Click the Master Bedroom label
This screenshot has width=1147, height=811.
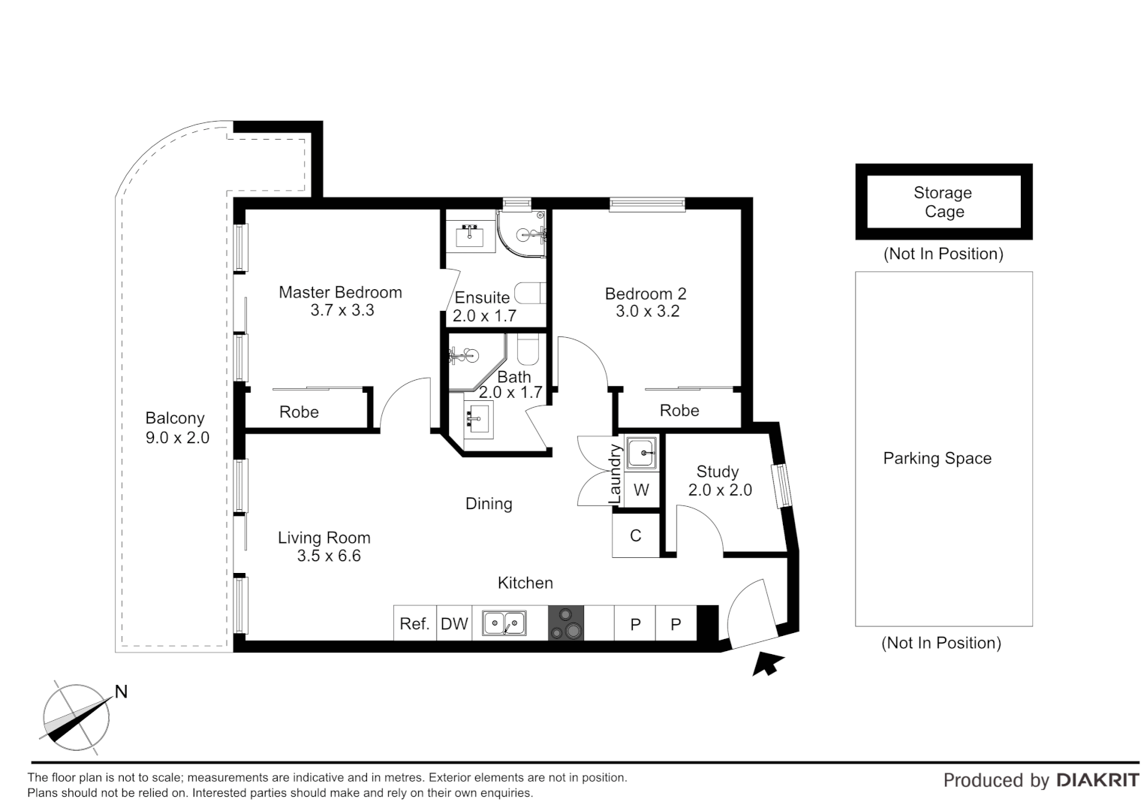pyautogui.click(x=340, y=292)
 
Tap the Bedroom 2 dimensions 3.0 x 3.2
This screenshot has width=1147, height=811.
pyautogui.click(x=647, y=311)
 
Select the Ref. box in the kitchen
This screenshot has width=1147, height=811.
pyautogui.click(x=415, y=623)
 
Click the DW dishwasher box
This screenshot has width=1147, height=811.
pyautogui.click(x=454, y=623)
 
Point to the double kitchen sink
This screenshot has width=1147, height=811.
pyautogui.click(x=504, y=623)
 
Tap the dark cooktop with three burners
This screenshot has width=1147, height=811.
pyautogui.click(x=566, y=623)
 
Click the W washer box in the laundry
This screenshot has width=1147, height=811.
pyautogui.click(x=642, y=490)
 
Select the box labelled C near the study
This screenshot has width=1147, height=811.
pyautogui.click(x=636, y=535)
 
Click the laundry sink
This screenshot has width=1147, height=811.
pyautogui.click(x=642, y=453)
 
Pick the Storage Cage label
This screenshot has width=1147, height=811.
pyautogui.click(x=944, y=202)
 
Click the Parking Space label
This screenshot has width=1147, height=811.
pyautogui.click(x=937, y=458)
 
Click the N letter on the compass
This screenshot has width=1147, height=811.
pyautogui.click(x=121, y=692)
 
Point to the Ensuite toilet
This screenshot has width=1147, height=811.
pyautogui.click(x=530, y=293)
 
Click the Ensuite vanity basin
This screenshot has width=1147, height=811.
pyautogui.click(x=470, y=236)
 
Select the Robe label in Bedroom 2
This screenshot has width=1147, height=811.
pyautogui.click(x=679, y=410)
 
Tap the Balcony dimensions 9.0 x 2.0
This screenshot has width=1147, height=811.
pyautogui.click(x=177, y=438)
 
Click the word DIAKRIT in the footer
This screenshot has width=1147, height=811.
pyautogui.click(x=1097, y=780)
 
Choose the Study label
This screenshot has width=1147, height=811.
pyautogui.click(x=718, y=472)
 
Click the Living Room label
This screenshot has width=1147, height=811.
pyautogui.click(x=324, y=538)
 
